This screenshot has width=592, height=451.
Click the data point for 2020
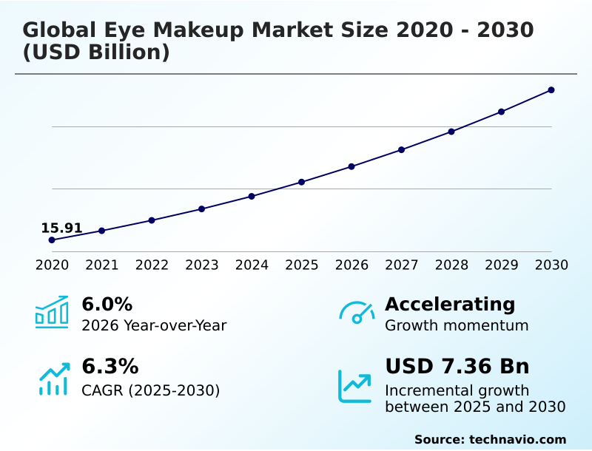pyautogui.click(x=52, y=240)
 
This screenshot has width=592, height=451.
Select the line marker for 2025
pyautogui.click(x=302, y=182)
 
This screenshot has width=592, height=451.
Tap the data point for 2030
pyautogui.click(x=551, y=90)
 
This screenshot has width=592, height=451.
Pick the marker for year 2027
pyautogui.click(x=402, y=149)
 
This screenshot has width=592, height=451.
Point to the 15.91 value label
pyautogui.click(x=61, y=228)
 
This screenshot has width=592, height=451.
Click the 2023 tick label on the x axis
pyautogui.click(x=202, y=265)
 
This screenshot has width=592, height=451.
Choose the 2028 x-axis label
pyautogui.click(x=451, y=265)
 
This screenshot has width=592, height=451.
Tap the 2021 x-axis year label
pyautogui.click(x=102, y=265)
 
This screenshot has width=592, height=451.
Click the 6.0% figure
pyautogui.click(x=107, y=304)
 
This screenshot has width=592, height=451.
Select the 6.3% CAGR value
pyautogui.click(x=110, y=367)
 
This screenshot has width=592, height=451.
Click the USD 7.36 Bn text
pyautogui.click(x=457, y=367)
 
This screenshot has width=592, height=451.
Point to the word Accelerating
pyautogui.click(x=450, y=304)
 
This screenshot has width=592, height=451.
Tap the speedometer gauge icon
pyautogui.click(x=357, y=312)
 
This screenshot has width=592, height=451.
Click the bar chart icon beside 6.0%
pyautogui.click(x=52, y=312)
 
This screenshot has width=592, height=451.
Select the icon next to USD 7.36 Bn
pyautogui.click(x=354, y=386)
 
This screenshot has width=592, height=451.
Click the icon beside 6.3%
pyautogui.click(x=53, y=379)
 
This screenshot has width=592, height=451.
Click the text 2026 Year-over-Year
pyautogui.click(x=154, y=325)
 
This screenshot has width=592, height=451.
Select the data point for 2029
pyautogui.click(x=501, y=112)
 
